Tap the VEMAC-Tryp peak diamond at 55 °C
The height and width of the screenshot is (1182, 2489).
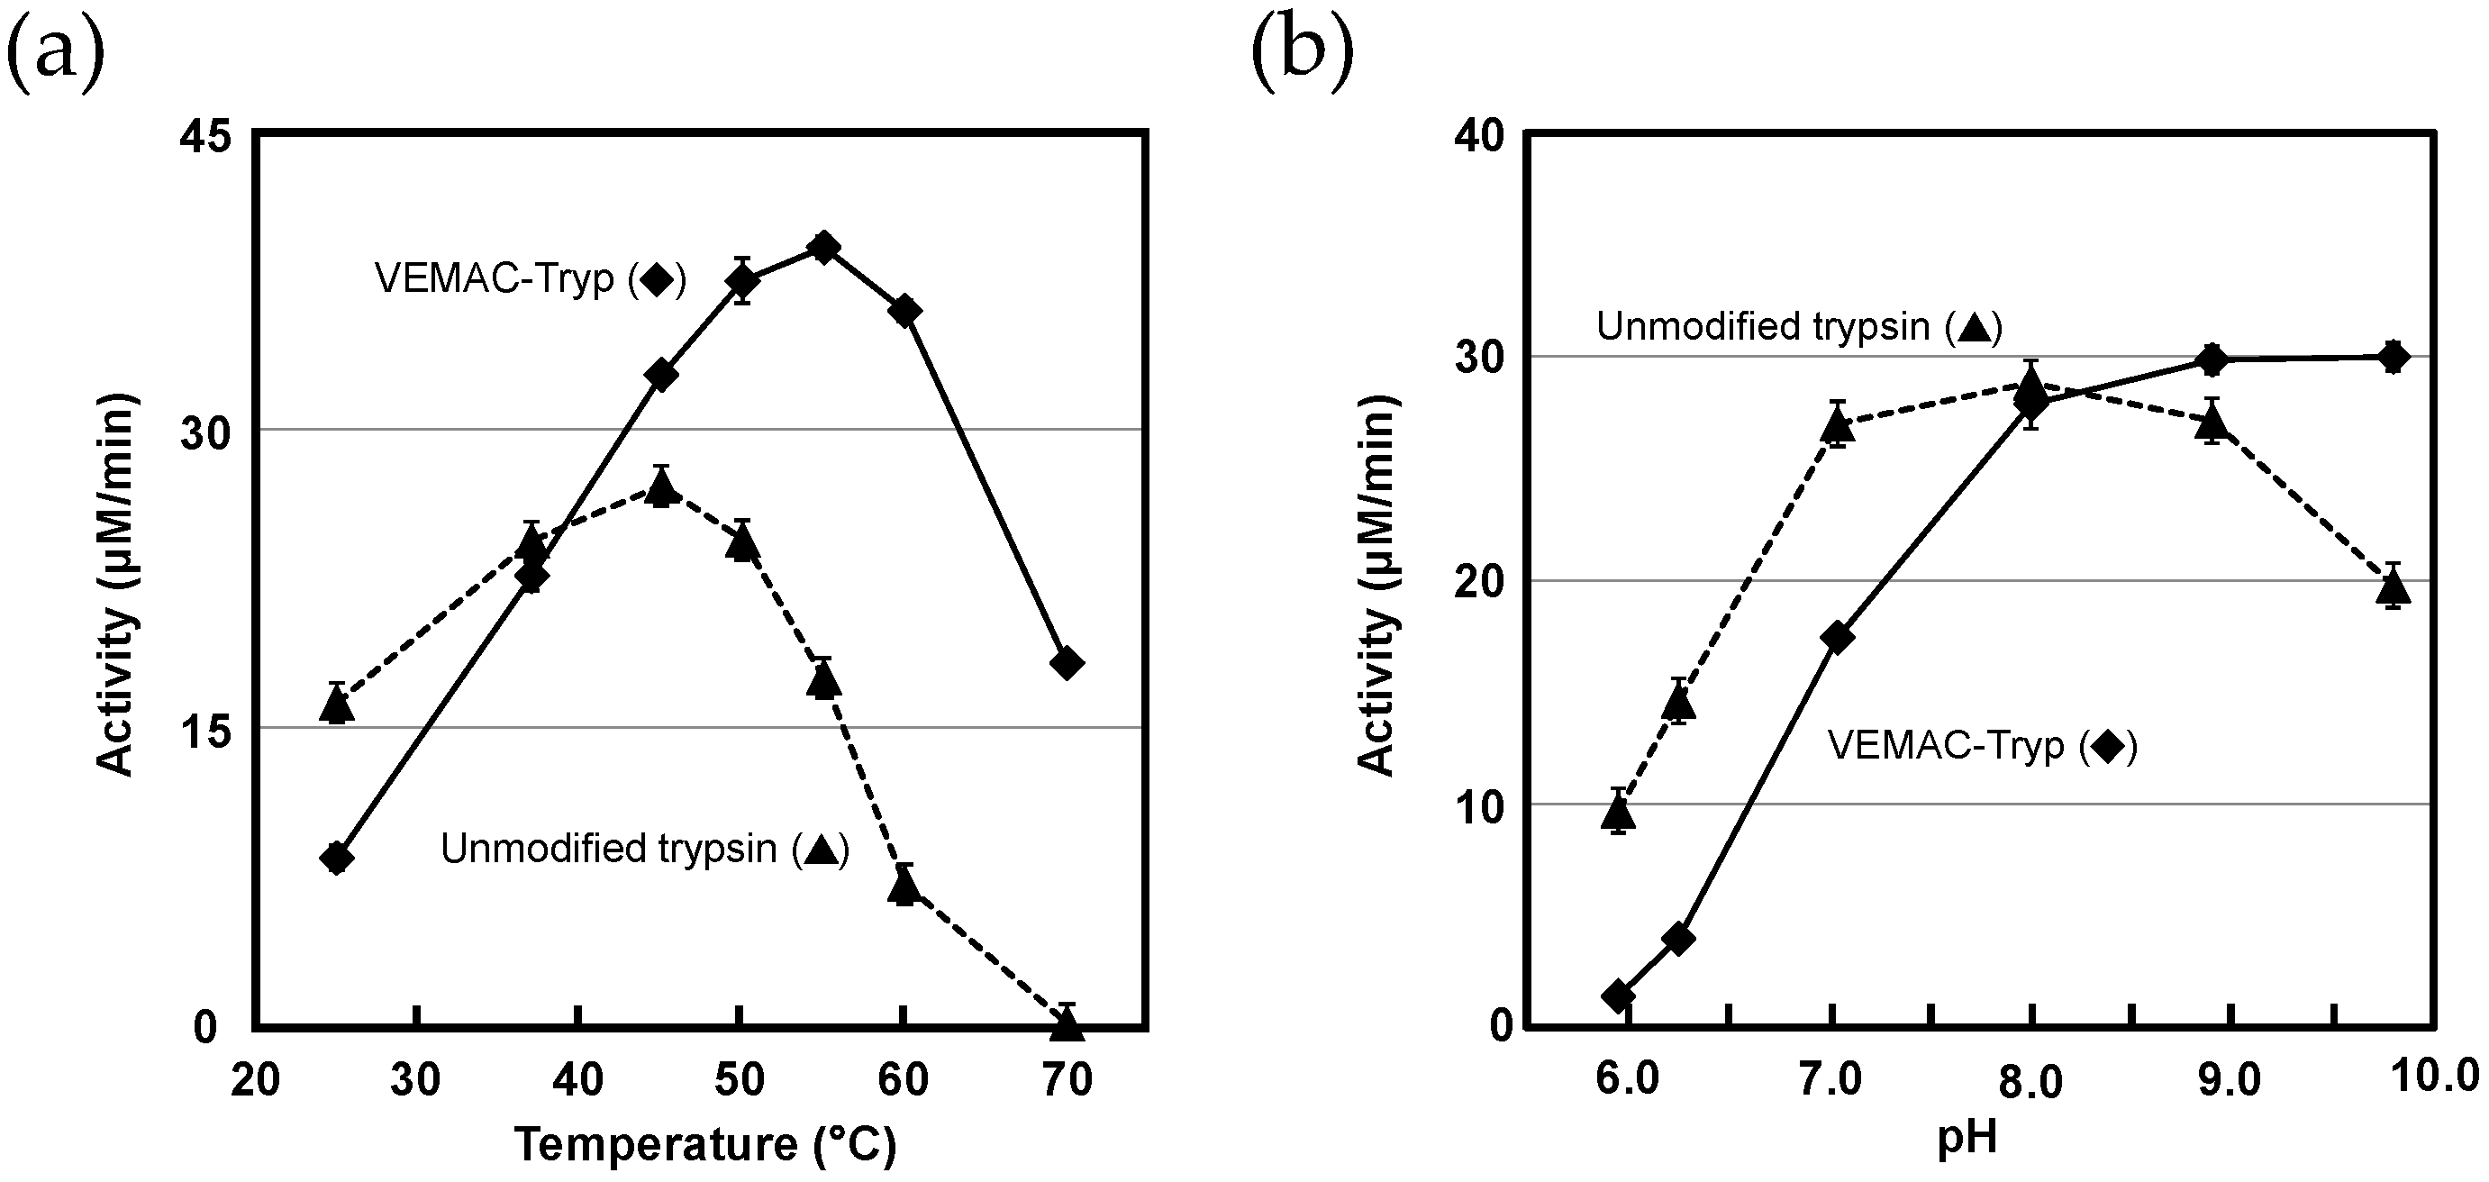[x=823, y=248]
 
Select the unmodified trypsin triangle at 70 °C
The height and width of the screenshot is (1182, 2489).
[x=1067, y=1024]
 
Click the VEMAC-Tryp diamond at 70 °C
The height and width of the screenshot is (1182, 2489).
[x=1067, y=663]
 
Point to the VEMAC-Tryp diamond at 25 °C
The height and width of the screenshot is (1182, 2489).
[x=336, y=859]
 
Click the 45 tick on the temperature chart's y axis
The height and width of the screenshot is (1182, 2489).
[x=205, y=137]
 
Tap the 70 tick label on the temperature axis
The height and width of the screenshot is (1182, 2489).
[x=1067, y=1079]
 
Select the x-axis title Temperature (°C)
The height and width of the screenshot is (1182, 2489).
[x=705, y=1145]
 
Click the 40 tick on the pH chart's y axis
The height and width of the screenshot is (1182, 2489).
[x=1478, y=137]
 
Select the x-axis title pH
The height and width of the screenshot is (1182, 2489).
[x=1966, y=1140]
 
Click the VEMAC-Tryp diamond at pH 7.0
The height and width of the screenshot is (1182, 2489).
[x=1837, y=637]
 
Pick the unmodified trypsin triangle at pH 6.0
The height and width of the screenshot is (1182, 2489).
[x=1619, y=814]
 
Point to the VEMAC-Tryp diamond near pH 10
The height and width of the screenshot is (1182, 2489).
[x=2393, y=357]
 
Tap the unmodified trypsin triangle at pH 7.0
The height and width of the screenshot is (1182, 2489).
[x=1837, y=425]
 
